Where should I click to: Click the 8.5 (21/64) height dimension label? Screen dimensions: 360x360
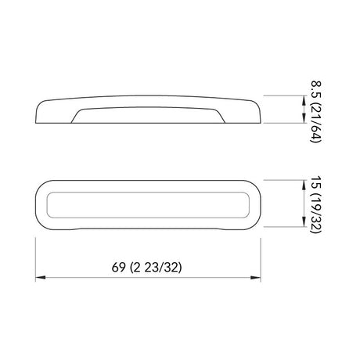(x=316, y=112)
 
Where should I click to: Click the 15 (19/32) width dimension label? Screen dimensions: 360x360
(x=316, y=204)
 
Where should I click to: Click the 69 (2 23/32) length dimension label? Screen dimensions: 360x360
(x=146, y=268)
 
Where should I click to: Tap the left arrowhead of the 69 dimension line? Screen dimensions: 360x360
(x=41, y=278)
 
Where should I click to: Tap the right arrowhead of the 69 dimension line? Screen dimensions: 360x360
(x=256, y=278)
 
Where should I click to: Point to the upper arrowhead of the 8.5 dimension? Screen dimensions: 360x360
(x=304, y=101)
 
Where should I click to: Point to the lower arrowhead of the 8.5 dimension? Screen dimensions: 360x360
(x=304, y=117)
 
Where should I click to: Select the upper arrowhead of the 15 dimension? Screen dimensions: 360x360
(x=304, y=185)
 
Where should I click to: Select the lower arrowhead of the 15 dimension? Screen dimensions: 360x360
(x=304, y=221)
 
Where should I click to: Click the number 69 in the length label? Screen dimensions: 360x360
(x=118, y=268)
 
